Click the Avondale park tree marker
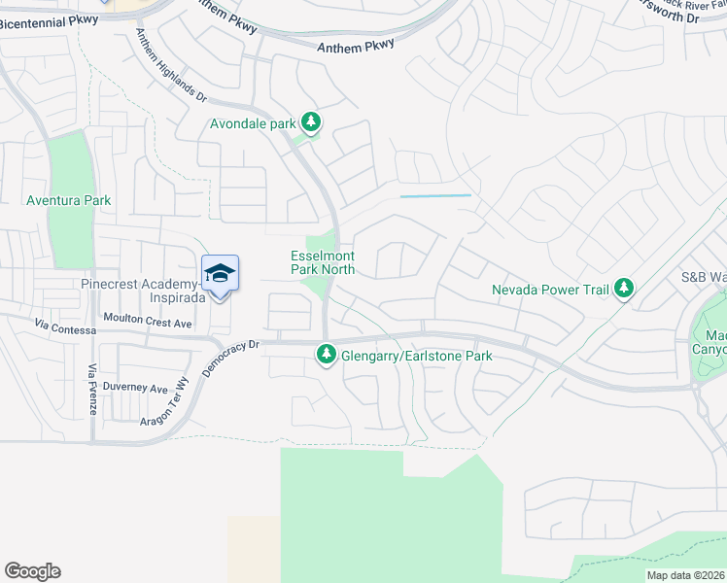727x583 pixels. coord(311,123)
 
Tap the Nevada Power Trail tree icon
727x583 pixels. coord(624,289)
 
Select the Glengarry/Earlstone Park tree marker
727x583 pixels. coord(327,357)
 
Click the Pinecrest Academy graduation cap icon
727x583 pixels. coord(220,273)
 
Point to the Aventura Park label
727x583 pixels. coord(69,201)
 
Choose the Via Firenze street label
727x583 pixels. coord(92,390)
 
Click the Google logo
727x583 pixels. coord(32,571)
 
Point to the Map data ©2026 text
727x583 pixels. coord(686,575)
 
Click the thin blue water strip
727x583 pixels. coord(434,196)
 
